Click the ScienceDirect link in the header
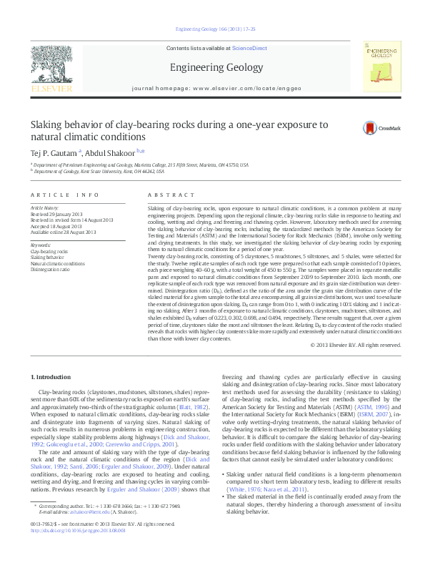pyautogui.click(x=249, y=48)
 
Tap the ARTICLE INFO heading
pyautogui.click(x=64, y=195)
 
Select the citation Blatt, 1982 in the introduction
pyautogui.click(x=183, y=407)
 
